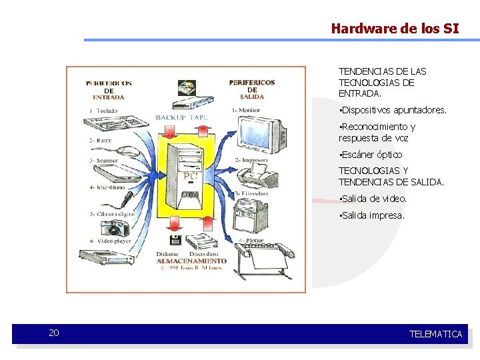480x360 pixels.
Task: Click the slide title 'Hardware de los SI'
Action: coord(395,28)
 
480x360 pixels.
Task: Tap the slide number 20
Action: coord(54,333)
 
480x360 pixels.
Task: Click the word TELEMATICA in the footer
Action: coord(435,334)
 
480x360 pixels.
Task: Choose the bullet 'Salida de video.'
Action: coord(373,199)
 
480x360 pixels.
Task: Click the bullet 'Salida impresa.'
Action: coord(372,215)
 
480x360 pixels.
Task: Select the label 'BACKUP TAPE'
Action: coord(181,118)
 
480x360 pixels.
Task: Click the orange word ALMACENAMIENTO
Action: coord(191,261)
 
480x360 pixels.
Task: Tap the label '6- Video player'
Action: coord(110,241)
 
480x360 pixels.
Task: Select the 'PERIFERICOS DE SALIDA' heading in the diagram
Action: coord(251,89)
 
